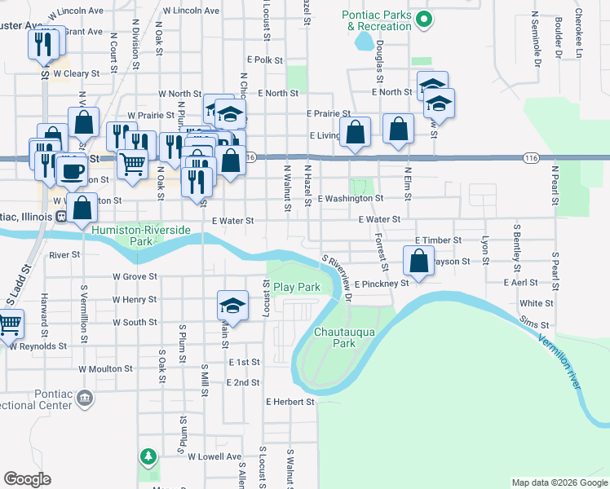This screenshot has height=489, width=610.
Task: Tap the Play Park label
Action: point(297,287)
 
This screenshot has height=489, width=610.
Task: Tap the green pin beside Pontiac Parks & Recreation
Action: point(422,20)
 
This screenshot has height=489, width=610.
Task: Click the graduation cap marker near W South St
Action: point(232,306)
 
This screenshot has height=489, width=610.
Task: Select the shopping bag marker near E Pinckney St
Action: point(418,262)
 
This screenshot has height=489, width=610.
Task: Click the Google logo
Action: point(27,479)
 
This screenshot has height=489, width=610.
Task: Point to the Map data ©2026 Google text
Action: point(559,482)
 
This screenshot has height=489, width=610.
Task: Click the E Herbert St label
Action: point(290,402)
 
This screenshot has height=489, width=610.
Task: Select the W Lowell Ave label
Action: point(214,457)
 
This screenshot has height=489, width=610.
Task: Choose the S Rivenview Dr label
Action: point(338,278)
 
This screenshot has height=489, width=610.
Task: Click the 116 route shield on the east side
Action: point(531,157)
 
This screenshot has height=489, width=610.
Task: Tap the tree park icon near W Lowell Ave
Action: point(148,456)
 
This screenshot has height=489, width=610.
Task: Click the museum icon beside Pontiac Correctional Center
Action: point(84,398)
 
